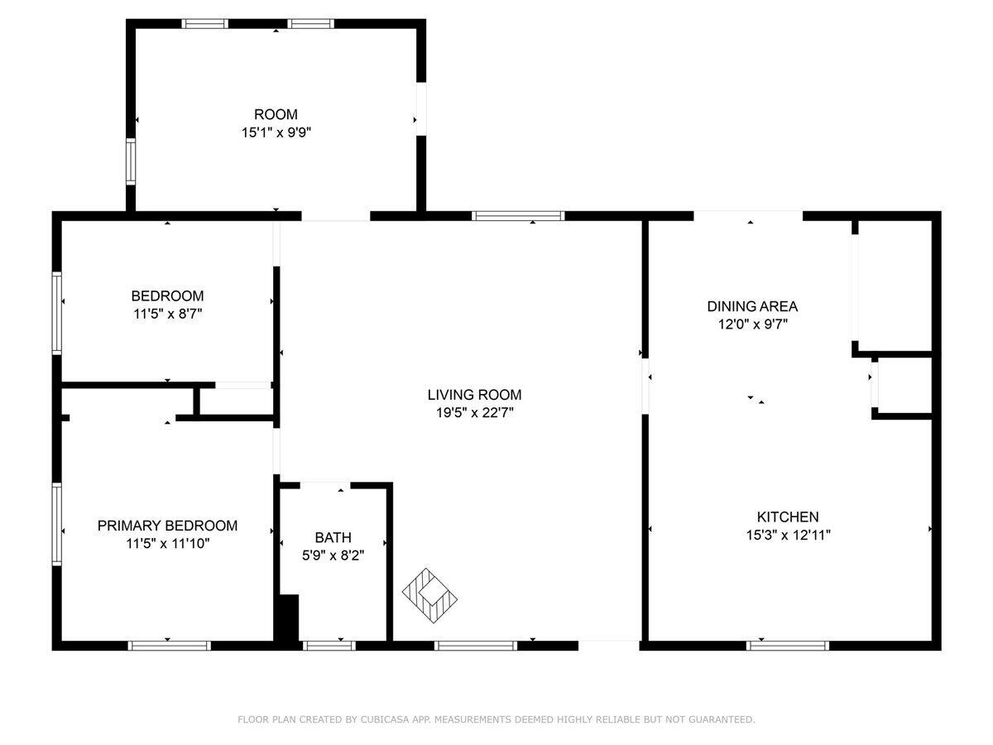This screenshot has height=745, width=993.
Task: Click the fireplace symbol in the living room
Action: coord(430,593)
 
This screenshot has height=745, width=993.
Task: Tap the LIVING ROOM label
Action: coord(474,395)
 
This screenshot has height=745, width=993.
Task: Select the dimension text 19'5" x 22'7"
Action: coord(474,413)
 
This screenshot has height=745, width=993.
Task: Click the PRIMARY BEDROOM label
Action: coord(167,526)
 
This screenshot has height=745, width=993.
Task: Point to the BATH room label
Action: coord(333,537)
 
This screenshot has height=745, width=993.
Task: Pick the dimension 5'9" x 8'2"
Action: coord(333,555)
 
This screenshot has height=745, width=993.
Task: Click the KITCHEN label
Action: coord(788,517)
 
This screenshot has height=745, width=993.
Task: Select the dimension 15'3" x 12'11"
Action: coord(788,535)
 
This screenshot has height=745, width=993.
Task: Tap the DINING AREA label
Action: coord(752,306)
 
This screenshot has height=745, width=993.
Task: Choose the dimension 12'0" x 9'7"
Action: coord(752,324)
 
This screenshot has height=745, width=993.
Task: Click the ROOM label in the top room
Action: coord(276,114)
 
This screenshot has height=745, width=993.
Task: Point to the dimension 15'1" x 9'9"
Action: coord(276,132)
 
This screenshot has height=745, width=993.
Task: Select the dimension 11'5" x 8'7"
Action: coord(167,314)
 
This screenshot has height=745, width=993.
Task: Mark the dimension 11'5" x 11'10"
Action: coord(167,544)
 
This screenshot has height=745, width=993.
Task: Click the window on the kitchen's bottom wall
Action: coord(788,645)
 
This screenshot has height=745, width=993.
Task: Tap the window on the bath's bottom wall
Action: coord(329,645)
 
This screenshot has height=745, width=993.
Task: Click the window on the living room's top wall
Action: coord(518,216)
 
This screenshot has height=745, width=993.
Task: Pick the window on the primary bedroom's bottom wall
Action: coord(170,645)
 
